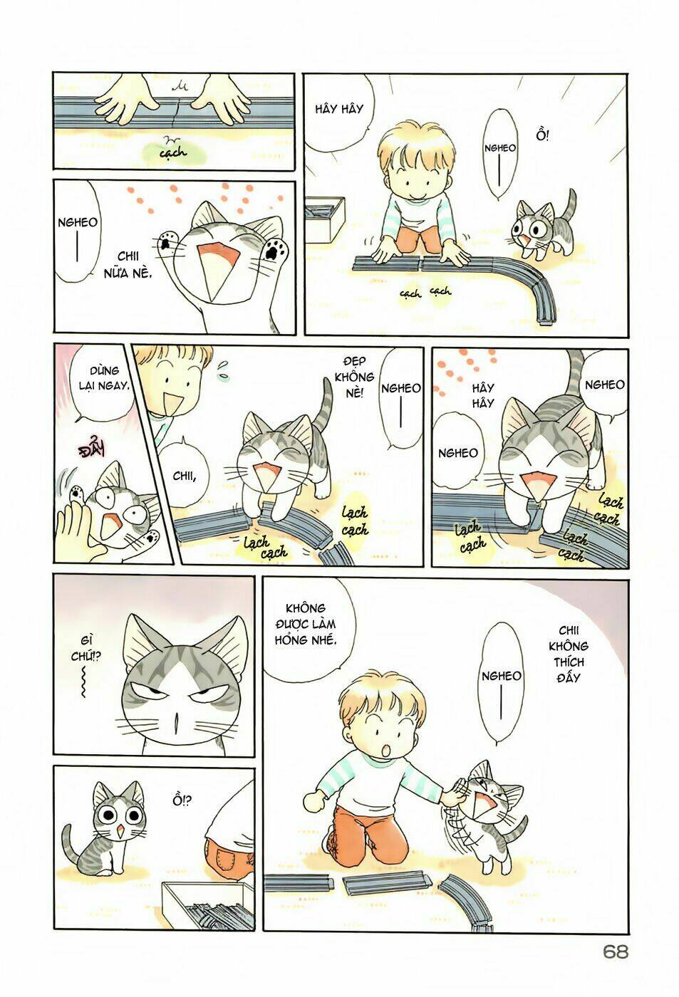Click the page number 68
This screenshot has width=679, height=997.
pyautogui.click(x=615, y=971)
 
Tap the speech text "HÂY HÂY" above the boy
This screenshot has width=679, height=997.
pyautogui.click(x=339, y=109)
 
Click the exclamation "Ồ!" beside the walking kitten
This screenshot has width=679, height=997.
pyautogui.click(x=543, y=135)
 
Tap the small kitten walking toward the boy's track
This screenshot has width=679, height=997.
pyautogui.click(x=539, y=227)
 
